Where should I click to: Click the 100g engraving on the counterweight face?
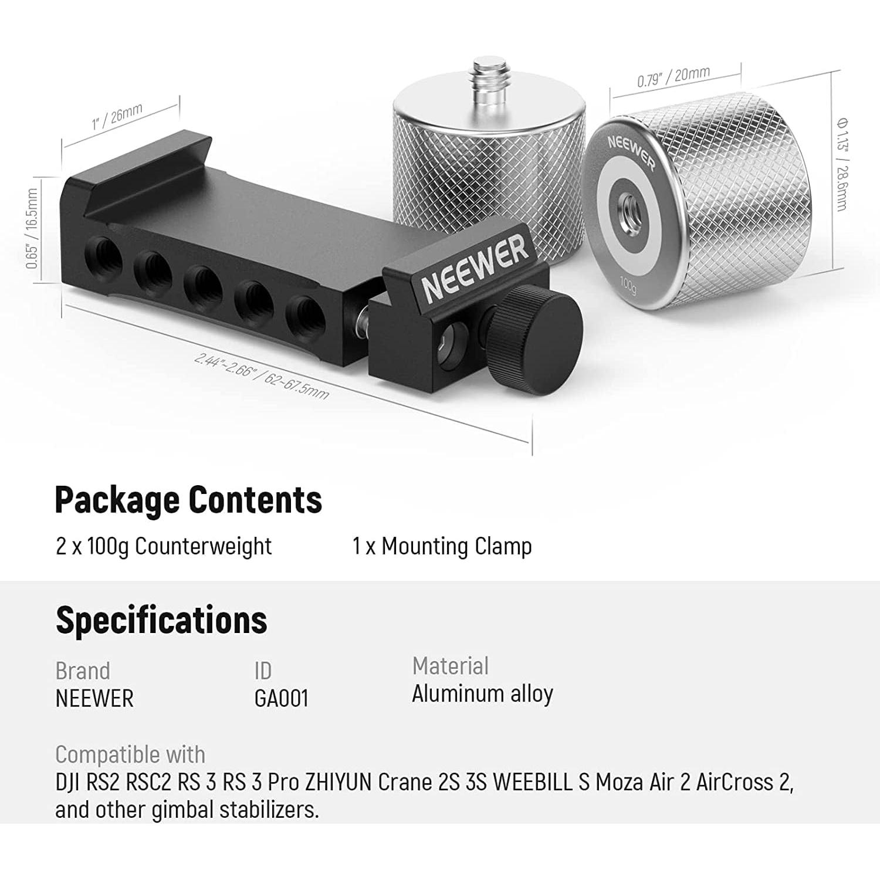(x=628, y=285)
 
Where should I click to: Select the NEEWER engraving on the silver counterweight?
(x=631, y=151)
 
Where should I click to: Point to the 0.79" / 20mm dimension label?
(x=673, y=77)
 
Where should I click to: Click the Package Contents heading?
(x=188, y=500)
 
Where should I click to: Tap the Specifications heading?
(x=161, y=620)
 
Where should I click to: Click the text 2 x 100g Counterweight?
(x=164, y=546)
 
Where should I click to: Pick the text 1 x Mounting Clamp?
(x=442, y=546)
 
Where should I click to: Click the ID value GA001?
(x=281, y=698)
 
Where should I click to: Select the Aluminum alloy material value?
(x=482, y=694)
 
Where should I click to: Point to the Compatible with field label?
(x=130, y=754)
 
